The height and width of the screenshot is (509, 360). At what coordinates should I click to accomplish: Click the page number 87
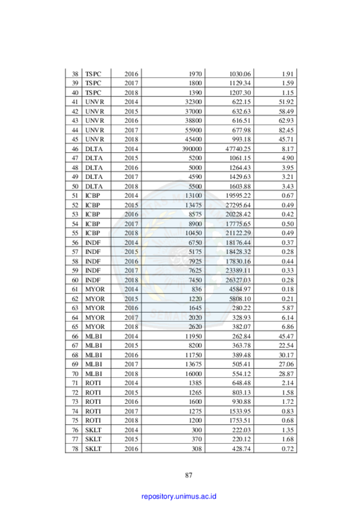[x=189, y=475]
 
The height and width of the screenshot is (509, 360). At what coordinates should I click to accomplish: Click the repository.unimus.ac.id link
[x=179, y=496]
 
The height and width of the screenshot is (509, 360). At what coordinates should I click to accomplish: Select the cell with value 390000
[x=192, y=149]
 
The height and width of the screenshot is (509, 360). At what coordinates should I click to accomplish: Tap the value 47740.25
[x=238, y=149]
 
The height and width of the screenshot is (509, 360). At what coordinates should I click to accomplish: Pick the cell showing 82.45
[x=286, y=130]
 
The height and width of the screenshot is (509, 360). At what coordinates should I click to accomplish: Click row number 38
[x=75, y=74]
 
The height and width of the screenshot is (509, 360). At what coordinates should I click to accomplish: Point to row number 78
[x=75, y=449]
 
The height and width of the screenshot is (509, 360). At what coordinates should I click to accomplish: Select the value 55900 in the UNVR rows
[x=193, y=130]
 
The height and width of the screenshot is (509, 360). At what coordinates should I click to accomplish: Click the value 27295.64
[x=238, y=205]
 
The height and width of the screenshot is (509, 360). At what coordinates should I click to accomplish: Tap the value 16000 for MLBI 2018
[x=193, y=374]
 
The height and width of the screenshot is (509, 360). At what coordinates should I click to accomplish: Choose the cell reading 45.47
[x=286, y=336]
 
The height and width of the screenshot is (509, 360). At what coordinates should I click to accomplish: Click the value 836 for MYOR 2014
[x=197, y=289]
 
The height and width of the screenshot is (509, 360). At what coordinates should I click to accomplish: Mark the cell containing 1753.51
[x=240, y=421]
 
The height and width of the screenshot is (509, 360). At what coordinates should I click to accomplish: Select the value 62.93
[x=286, y=121]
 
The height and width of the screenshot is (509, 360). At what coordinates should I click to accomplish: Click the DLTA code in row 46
[x=94, y=149]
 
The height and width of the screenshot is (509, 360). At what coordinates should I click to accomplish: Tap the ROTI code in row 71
[x=93, y=383]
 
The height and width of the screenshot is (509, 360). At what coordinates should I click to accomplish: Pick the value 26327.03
[x=238, y=280]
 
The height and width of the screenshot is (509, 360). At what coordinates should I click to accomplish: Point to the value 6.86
[x=288, y=327]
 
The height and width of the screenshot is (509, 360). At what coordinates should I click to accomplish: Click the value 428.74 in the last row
[x=241, y=449]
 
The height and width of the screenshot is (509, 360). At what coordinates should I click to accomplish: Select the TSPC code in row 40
[x=93, y=93]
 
